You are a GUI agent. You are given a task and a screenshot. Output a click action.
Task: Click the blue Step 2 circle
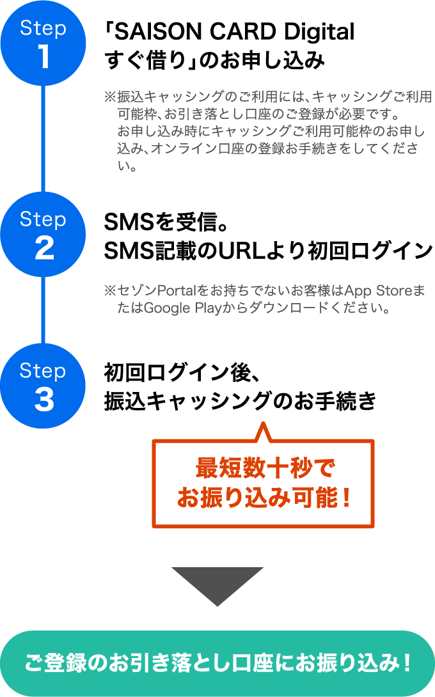coord(43,235)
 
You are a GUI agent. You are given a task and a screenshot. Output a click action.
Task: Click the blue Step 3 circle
coord(43,387)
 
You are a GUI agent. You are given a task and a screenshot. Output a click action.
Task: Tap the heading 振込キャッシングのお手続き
coord(240,402)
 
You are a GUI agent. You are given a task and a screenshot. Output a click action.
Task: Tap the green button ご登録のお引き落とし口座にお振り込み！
coord(217,663)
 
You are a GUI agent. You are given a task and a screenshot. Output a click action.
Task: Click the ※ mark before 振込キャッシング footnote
coord(109,98)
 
